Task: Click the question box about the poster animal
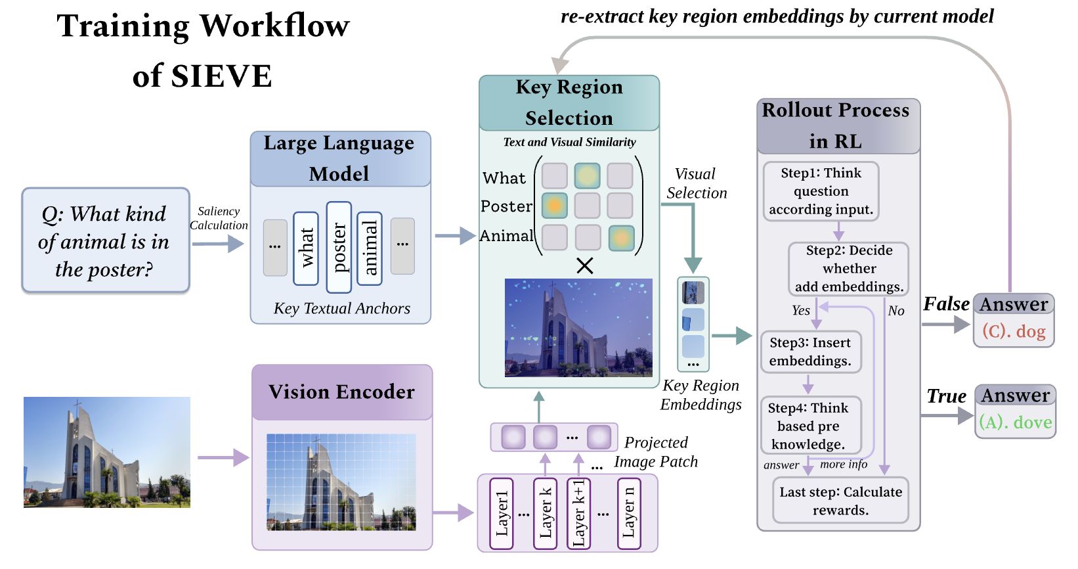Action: click(105, 240)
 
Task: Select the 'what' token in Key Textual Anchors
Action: click(305, 248)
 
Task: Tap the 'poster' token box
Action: click(339, 247)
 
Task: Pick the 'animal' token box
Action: click(370, 248)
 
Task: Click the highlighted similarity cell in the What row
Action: click(587, 175)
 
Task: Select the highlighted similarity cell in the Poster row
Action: click(554, 206)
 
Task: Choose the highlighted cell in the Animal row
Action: click(621, 238)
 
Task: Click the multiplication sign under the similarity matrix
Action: click(584, 265)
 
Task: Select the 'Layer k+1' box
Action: click(578, 513)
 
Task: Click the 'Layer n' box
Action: click(629, 513)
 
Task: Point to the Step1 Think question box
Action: click(821, 191)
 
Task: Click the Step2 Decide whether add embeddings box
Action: click(849, 269)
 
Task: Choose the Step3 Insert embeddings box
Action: click(810, 352)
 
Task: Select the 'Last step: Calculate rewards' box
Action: click(840, 501)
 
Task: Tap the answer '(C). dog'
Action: click(1014, 331)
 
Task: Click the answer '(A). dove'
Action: click(1015, 422)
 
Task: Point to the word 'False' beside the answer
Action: click(946, 304)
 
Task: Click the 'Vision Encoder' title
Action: click(341, 392)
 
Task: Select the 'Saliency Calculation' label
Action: click(219, 218)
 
